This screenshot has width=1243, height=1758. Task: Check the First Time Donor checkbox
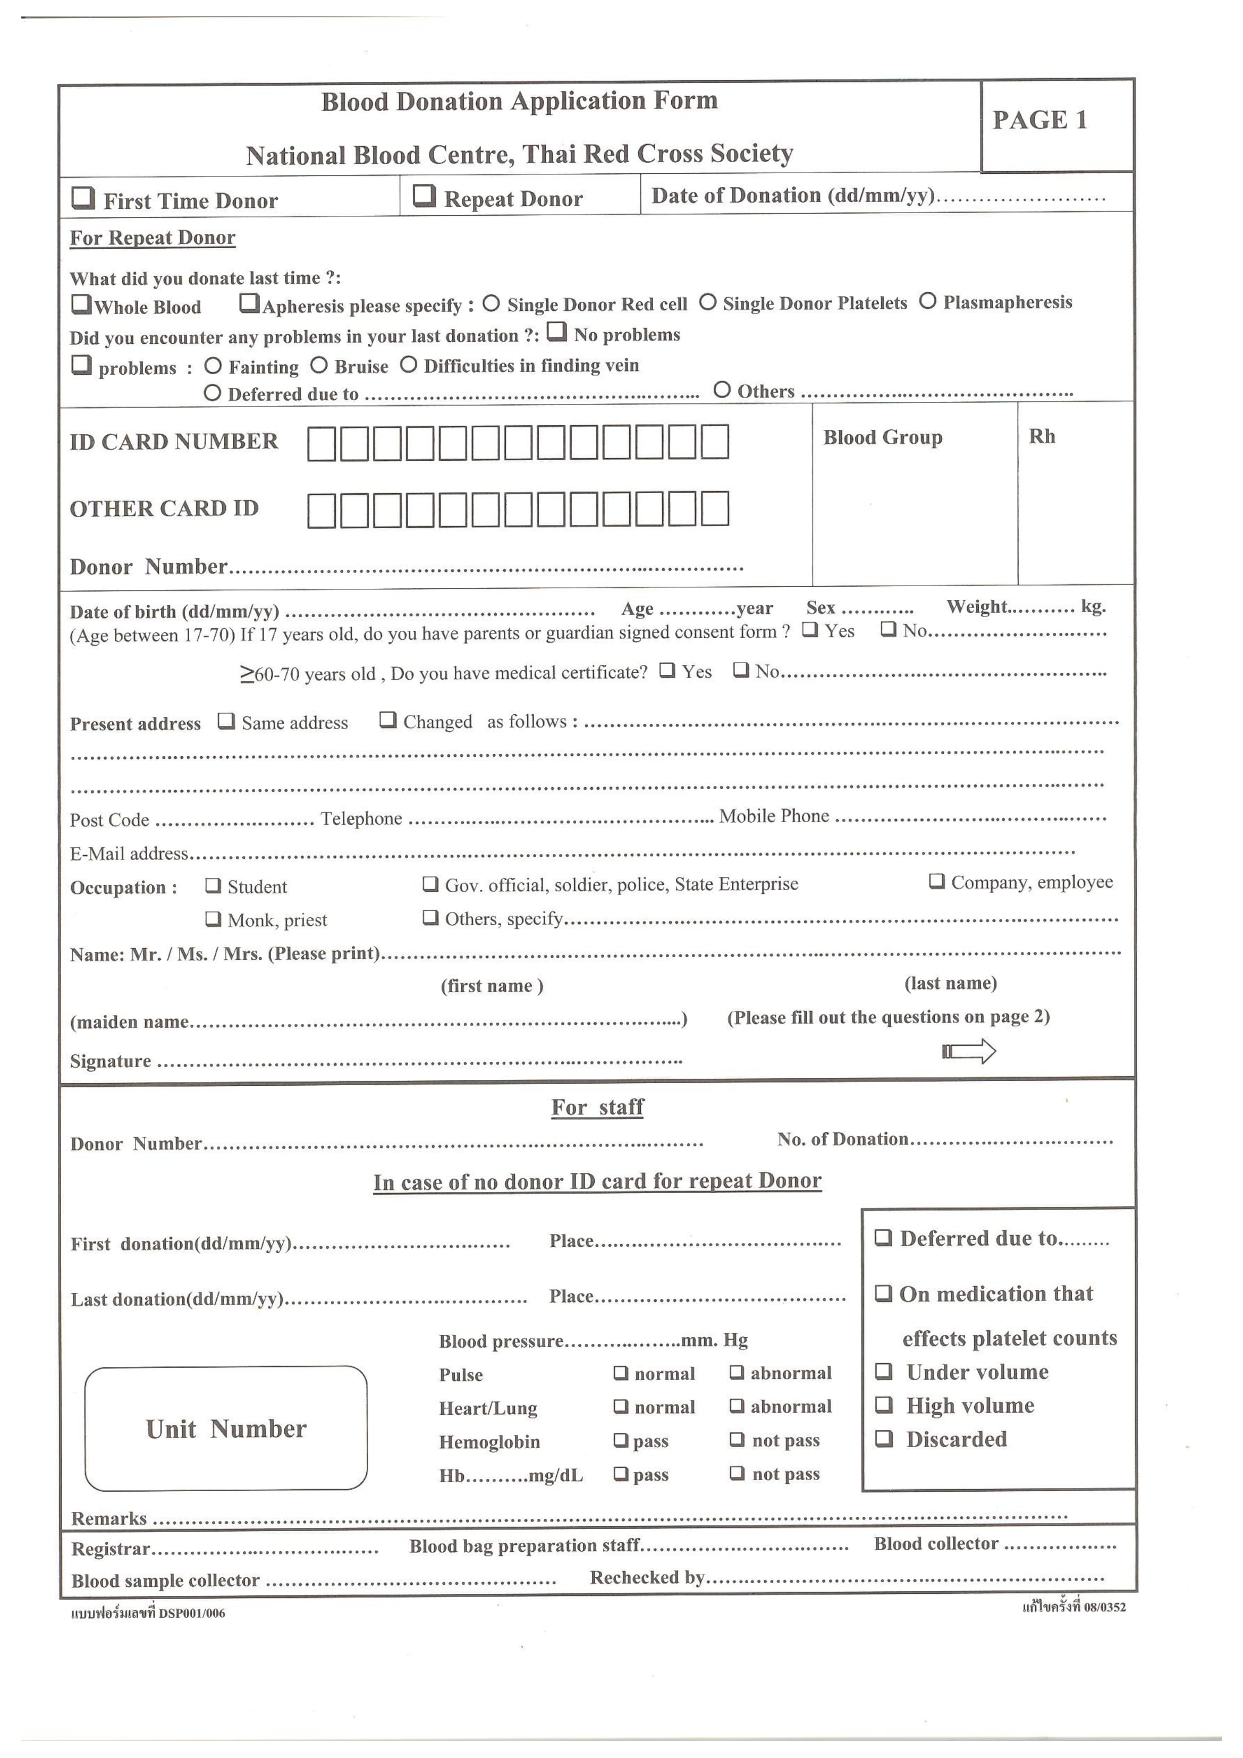point(83,198)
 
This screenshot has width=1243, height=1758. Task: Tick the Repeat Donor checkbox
point(424,196)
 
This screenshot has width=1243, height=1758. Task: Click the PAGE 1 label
point(1039,120)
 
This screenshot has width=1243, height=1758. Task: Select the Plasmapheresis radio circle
point(927,301)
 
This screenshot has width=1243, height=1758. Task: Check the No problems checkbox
point(557,332)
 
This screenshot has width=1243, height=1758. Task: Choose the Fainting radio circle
point(213,366)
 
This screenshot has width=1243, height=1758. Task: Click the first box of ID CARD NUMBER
point(321,443)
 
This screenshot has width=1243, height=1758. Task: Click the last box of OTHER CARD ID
point(715,509)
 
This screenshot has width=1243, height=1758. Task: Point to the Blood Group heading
point(882,437)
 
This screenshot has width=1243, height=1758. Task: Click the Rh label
point(1042,436)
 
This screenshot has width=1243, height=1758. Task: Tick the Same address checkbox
point(226,721)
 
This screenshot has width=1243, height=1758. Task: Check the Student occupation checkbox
point(213,886)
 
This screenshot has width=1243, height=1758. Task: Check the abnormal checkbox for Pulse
point(736,1373)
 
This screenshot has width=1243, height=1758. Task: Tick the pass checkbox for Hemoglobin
point(620,1440)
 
